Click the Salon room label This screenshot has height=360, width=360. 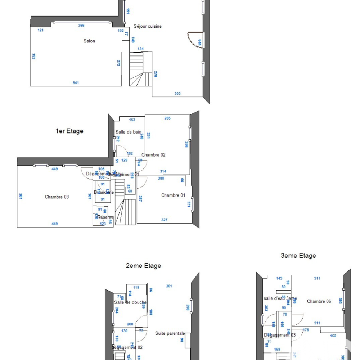click(x=89, y=41)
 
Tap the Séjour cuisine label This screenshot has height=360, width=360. click(x=148, y=26)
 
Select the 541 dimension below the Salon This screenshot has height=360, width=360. click(x=76, y=83)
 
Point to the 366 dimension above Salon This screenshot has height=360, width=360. click(x=81, y=26)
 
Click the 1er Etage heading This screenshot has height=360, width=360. click(x=69, y=131)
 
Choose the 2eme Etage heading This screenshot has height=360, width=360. click(x=143, y=266)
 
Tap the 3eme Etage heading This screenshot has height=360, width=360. click(x=298, y=256)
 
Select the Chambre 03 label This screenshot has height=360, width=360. click(x=57, y=197)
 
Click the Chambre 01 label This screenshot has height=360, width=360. click(x=173, y=195)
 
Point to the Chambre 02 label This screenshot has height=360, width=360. click(x=153, y=155)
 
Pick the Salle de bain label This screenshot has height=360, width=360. click(x=129, y=132)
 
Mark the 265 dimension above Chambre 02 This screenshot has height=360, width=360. click(x=167, y=118)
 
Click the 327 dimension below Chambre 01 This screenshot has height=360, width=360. click(x=164, y=220)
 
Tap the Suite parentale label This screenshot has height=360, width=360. click(x=170, y=333)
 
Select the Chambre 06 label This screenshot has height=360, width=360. click(x=319, y=301)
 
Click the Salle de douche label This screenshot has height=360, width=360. click(x=130, y=302)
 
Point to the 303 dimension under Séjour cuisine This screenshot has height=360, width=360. click(x=177, y=94)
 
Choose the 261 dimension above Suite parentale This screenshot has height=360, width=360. click(x=169, y=286)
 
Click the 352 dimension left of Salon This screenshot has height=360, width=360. click(x=33, y=56)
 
